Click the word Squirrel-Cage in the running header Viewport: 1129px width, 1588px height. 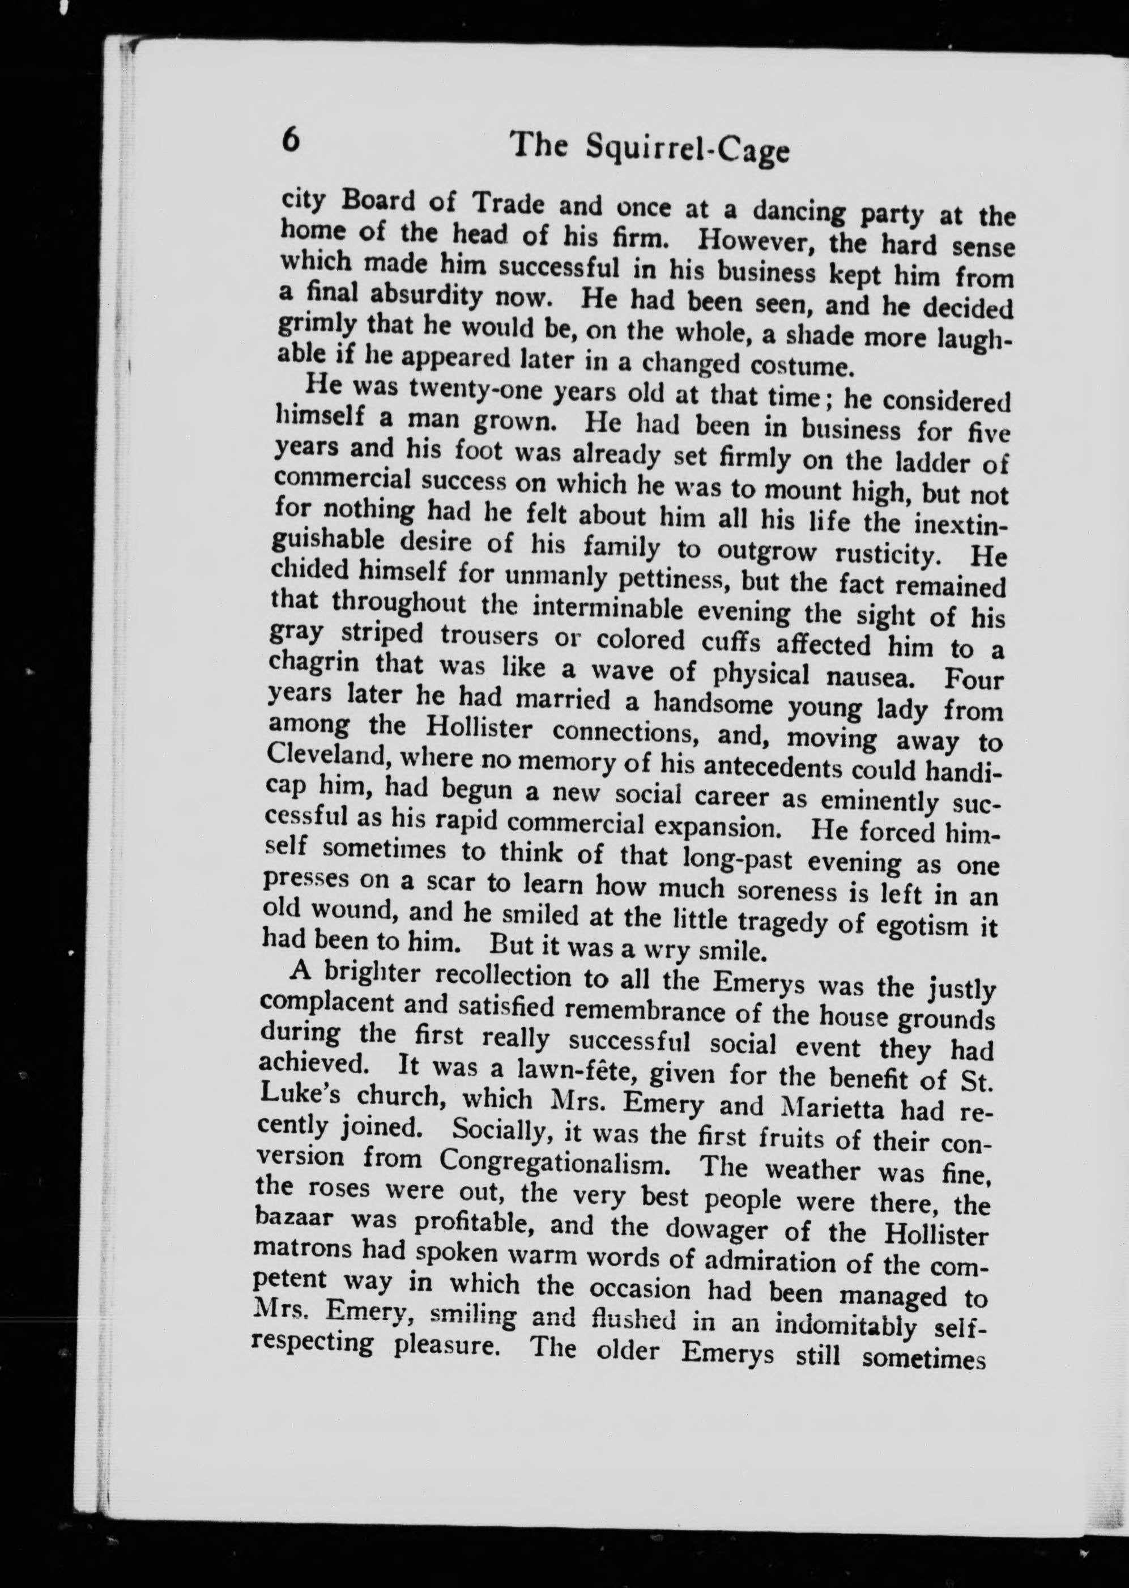click(x=688, y=150)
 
